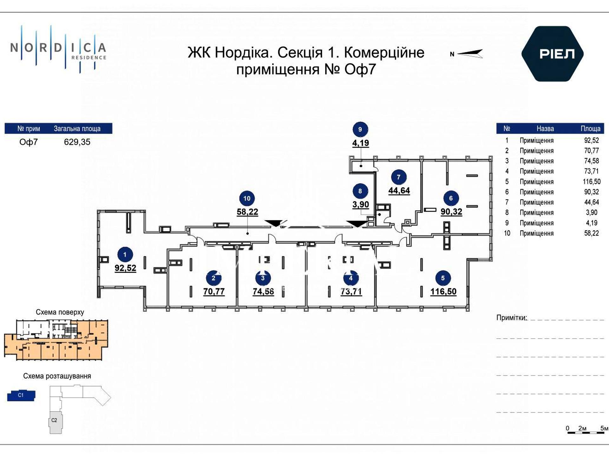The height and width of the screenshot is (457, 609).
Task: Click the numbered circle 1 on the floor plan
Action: [x=125, y=255]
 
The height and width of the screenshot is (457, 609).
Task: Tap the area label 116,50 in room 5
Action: [x=443, y=292]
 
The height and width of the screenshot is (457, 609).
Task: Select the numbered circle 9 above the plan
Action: [x=360, y=129]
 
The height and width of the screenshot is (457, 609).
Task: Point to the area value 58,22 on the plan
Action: [x=247, y=212]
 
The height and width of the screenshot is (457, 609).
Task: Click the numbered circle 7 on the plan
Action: [x=399, y=177]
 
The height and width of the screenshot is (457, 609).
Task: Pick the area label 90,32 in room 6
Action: [x=451, y=212]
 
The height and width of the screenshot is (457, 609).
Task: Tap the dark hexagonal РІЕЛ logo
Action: [x=553, y=54]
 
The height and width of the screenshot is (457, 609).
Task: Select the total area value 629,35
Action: [x=77, y=142]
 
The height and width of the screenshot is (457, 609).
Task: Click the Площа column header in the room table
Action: [x=590, y=129]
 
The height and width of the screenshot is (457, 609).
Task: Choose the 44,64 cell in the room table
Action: [x=591, y=202]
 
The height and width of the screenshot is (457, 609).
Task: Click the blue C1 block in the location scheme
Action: [x=21, y=395]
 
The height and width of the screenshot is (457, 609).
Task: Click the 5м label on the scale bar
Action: [x=604, y=428]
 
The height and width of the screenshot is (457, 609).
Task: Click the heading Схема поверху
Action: [x=60, y=312]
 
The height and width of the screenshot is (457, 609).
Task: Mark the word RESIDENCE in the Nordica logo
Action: [x=89, y=58]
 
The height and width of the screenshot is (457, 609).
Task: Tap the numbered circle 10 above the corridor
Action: [x=247, y=199]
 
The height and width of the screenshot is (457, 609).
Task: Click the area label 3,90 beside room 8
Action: [x=361, y=205]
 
